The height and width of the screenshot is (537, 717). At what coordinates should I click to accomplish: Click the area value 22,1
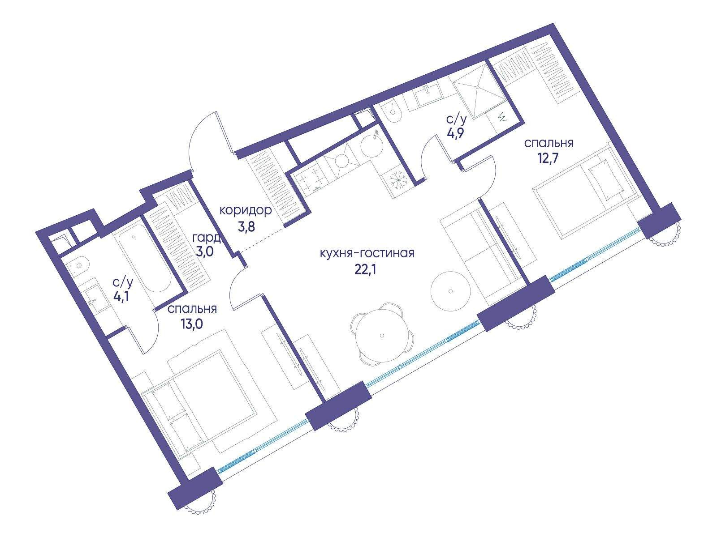tap(366, 270)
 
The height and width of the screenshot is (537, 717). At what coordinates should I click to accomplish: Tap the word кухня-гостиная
tap(367, 253)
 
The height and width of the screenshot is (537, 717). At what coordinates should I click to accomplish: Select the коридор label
tap(245, 211)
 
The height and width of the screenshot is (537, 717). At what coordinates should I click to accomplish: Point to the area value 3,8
tap(246, 227)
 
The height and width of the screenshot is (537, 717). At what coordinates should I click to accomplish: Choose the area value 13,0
tap(191, 324)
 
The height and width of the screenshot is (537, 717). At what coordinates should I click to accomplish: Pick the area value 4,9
tap(456, 134)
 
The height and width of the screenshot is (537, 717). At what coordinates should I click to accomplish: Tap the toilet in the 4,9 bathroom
tap(391, 112)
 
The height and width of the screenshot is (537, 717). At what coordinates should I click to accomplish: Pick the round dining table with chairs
tap(382, 335)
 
